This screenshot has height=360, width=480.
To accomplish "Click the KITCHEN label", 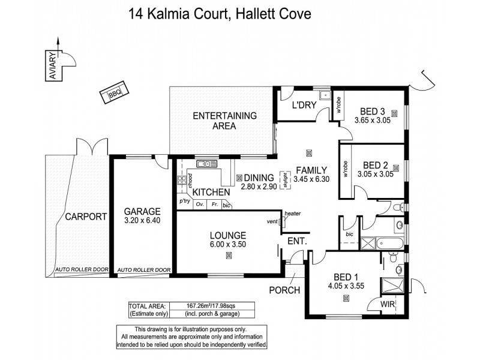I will click(x=211, y=192).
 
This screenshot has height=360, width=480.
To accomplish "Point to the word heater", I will click(x=292, y=214).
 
